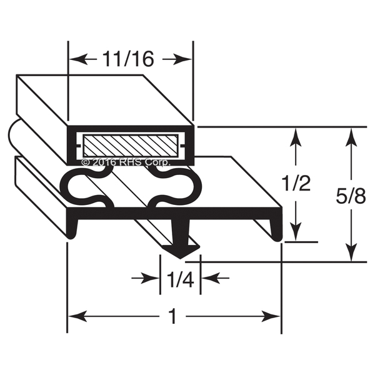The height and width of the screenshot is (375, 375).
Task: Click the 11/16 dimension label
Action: pos(127,59)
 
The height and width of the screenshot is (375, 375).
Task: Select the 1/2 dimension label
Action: pos(296,182)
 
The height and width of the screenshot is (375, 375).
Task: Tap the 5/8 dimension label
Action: pos(351,196)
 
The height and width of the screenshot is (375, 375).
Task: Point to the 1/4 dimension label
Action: pos(181,279)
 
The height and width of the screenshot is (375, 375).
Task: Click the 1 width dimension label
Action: pos(172,316)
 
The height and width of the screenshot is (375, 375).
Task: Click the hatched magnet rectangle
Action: pos(131,146)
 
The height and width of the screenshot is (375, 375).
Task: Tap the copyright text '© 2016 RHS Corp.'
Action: pos(126,162)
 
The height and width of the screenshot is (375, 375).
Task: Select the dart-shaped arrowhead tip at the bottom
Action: pos(181,258)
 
